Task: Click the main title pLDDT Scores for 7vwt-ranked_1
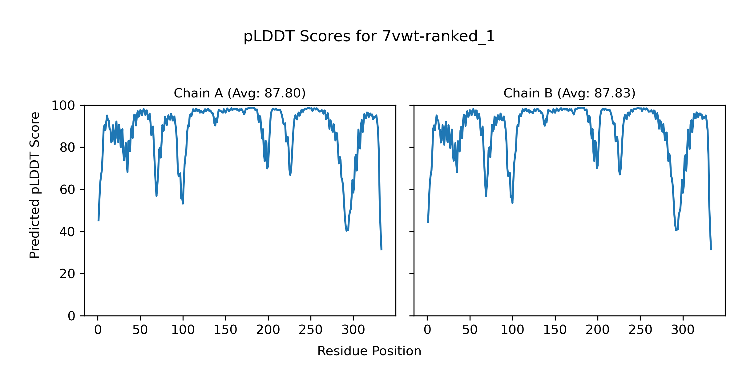[x=369, y=37]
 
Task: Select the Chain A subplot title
[x=240, y=93]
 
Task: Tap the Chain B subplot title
[x=569, y=93]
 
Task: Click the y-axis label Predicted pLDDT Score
[x=34, y=185]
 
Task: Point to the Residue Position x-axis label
[x=369, y=351]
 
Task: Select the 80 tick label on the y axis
[x=67, y=148]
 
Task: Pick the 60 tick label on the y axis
[x=67, y=190]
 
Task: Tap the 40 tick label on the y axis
[x=67, y=232]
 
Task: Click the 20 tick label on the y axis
[x=67, y=274]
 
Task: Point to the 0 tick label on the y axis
[x=71, y=316]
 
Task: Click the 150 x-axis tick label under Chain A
[x=225, y=330]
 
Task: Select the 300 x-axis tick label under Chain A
[x=353, y=330]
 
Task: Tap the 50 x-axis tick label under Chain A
[x=140, y=330]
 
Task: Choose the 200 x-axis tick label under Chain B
[x=597, y=330]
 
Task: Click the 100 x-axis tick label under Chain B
[x=512, y=330]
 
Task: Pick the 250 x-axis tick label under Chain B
[x=640, y=330]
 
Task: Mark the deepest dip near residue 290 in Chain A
[x=346, y=231]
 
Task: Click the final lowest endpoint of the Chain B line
[x=711, y=250]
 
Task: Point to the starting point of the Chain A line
[x=98, y=221]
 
